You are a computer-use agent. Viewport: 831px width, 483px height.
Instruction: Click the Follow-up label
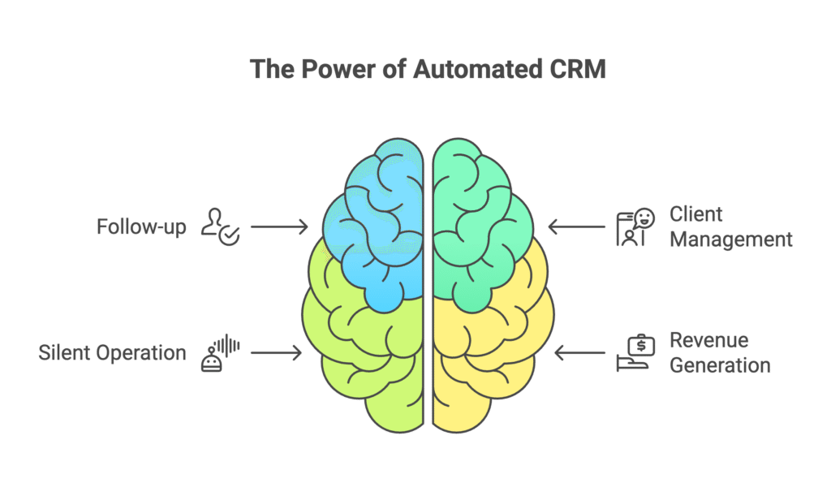pyautogui.click(x=141, y=227)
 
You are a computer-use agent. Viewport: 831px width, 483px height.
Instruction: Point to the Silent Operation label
pyautogui.click(x=112, y=353)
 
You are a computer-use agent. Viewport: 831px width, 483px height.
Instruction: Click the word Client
pyautogui.click(x=695, y=214)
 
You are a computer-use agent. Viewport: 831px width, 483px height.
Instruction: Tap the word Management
pyautogui.click(x=731, y=239)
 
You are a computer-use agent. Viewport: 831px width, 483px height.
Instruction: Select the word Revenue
pyautogui.click(x=709, y=340)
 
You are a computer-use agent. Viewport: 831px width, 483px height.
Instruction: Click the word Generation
pyautogui.click(x=720, y=365)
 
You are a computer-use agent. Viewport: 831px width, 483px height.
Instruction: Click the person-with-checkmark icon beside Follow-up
pyautogui.click(x=220, y=226)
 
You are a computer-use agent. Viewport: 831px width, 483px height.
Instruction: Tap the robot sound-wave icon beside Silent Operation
pyautogui.click(x=220, y=352)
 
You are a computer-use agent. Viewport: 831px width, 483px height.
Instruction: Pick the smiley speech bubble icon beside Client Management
pyautogui.click(x=635, y=227)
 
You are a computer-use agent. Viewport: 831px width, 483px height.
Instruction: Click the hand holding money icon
pyautogui.click(x=635, y=353)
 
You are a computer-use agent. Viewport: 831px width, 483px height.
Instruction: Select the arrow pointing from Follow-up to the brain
pyautogui.click(x=279, y=227)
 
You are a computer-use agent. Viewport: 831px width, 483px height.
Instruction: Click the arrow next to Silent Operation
pyautogui.click(x=276, y=352)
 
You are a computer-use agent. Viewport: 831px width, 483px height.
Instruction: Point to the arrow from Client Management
pyautogui.click(x=577, y=227)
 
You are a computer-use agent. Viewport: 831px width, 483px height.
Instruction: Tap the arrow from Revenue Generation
pyautogui.click(x=579, y=352)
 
